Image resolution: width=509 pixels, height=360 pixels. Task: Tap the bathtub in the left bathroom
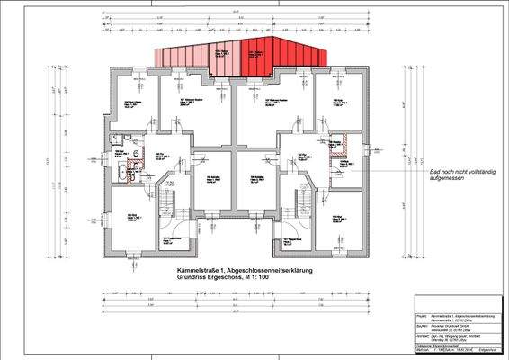(x=120, y=173)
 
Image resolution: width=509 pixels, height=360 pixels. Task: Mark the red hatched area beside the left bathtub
(x=138, y=175)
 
